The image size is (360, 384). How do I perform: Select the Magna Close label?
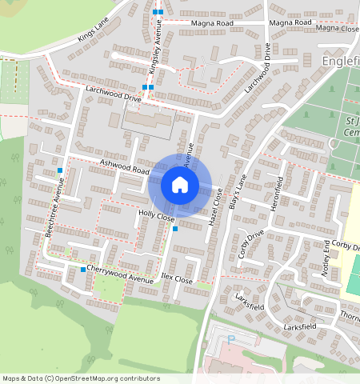[337, 28]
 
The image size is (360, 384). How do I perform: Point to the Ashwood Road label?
[124, 166]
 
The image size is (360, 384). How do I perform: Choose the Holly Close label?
[156, 217]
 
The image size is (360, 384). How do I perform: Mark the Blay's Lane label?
[235, 191]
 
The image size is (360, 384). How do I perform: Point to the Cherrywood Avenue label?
[120, 274]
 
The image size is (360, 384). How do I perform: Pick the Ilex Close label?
[177, 279]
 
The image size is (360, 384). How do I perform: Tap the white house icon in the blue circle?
[180, 186]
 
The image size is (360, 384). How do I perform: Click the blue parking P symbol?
[231, 339]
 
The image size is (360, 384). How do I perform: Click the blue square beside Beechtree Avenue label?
[60, 170]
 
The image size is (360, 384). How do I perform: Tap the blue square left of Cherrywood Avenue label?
[83, 270]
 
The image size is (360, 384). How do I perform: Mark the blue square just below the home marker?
[175, 230]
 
